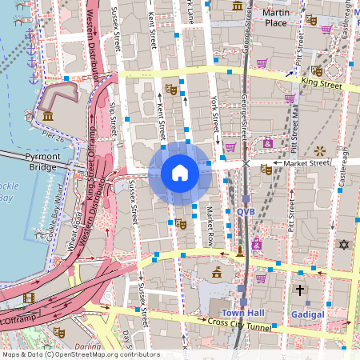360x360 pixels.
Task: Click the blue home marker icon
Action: point(180,173)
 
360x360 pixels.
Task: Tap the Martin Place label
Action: point(275,18)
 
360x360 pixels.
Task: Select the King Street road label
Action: point(322,82)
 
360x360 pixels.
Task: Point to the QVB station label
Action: point(246,211)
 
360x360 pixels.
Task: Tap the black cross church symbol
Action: point(300,290)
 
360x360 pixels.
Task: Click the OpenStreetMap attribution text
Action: point(80,354)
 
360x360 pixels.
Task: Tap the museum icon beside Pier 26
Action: point(49,117)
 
